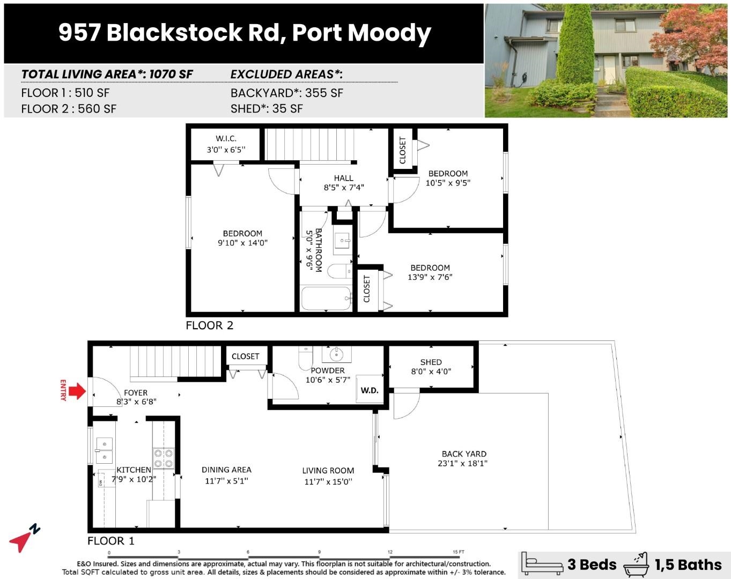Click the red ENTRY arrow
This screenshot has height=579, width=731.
pos(77,391)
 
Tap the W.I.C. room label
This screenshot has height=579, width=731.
pos(226,138)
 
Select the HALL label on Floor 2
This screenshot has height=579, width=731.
pos(343,178)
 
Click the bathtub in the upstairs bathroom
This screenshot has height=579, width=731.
pos(326,299)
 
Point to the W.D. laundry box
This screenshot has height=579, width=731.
pos(369,390)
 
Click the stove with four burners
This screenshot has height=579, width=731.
pos(164,458)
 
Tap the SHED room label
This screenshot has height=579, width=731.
pos(431,362)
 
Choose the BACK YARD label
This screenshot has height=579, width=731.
pos(464,454)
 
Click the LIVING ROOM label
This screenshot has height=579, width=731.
pos(328,470)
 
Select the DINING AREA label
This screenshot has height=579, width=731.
pos(226,470)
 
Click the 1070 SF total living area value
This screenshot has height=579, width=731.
pos(171,74)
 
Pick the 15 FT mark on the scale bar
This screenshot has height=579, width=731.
pos(458,552)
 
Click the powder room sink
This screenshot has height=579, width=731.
pos(336,354)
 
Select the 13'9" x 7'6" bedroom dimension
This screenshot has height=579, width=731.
pos(430,277)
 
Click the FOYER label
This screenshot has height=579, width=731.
pos(136,392)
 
